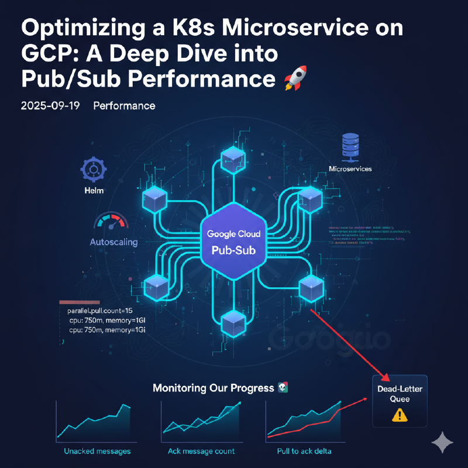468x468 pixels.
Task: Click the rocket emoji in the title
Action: (x=295, y=78)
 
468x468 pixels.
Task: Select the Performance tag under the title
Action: (x=124, y=106)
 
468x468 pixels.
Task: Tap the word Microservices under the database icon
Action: (x=350, y=169)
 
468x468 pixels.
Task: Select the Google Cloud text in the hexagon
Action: (x=233, y=233)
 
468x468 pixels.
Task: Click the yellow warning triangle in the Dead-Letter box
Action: (x=400, y=415)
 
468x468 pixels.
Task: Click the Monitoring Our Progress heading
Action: (x=214, y=388)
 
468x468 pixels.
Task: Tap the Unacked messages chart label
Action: (x=97, y=451)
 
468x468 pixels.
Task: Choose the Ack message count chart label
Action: (x=202, y=451)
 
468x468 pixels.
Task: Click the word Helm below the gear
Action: (x=92, y=191)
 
